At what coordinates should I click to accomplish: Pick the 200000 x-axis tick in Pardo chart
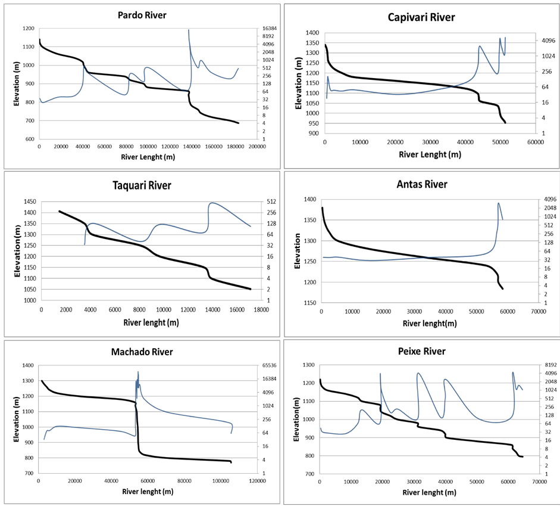(257, 147)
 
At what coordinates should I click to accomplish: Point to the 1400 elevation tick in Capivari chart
(313, 33)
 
